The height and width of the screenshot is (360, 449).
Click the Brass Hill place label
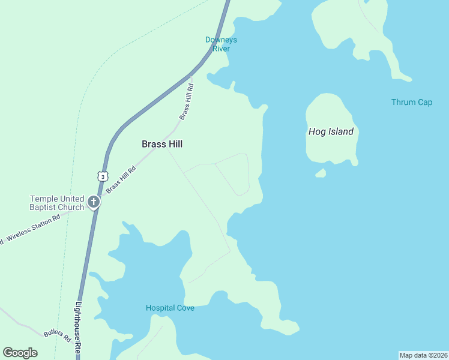[161, 144]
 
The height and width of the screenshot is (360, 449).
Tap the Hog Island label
[331, 131]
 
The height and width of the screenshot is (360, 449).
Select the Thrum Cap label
[412, 102]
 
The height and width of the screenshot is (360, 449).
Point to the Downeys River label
[221, 44]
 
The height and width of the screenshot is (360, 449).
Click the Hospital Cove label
[170, 308]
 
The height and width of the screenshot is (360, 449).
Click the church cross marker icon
[94, 203]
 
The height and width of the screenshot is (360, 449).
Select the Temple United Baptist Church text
[57, 203]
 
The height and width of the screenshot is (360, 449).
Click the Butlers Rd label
[58, 334]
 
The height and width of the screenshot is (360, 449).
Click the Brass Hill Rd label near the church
[121, 179]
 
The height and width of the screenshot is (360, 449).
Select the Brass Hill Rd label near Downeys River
[187, 102]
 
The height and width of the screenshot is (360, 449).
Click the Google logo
[20, 353]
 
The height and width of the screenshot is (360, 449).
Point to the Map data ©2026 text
[423, 355]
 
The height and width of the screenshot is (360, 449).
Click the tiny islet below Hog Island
[321, 173]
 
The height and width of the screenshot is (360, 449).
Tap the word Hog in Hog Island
[316, 131]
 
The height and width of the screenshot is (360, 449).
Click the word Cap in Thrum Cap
[426, 102]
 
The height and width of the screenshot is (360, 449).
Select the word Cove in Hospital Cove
[185, 308]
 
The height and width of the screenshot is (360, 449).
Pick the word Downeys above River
[221, 40]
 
